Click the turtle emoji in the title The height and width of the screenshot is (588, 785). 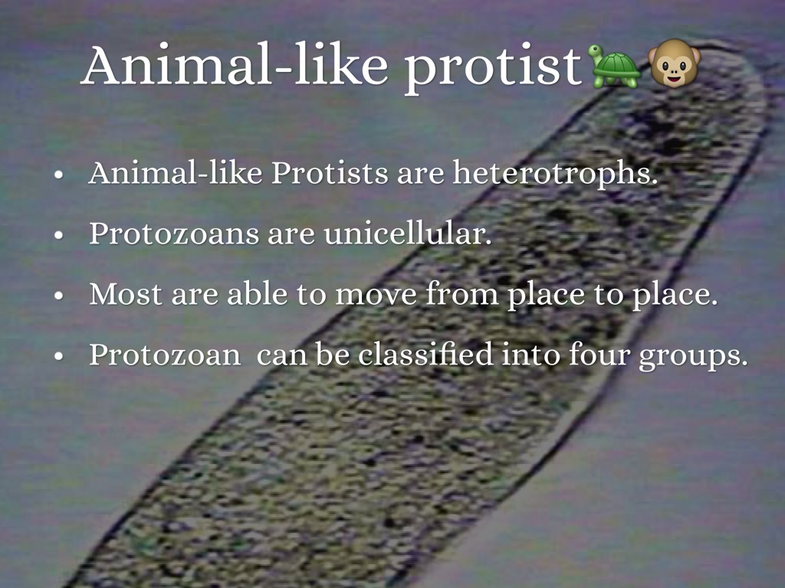coord(615,66)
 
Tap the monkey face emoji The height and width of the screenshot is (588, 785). coord(674,63)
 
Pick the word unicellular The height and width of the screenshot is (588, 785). coord(408,233)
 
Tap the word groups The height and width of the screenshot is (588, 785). coord(693,356)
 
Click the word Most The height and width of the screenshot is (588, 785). coord(126,294)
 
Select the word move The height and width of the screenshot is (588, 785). coord(376,296)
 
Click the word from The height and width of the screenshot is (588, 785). coord(461,293)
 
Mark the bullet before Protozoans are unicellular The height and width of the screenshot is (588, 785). coord(59,235)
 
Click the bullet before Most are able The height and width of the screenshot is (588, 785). coord(59,296)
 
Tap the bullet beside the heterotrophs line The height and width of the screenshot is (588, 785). coord(59,175)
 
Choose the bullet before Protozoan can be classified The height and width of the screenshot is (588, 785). coord(59,356)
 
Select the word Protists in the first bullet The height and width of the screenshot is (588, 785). coord(330,173)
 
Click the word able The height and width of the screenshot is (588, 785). coord(257,293)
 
